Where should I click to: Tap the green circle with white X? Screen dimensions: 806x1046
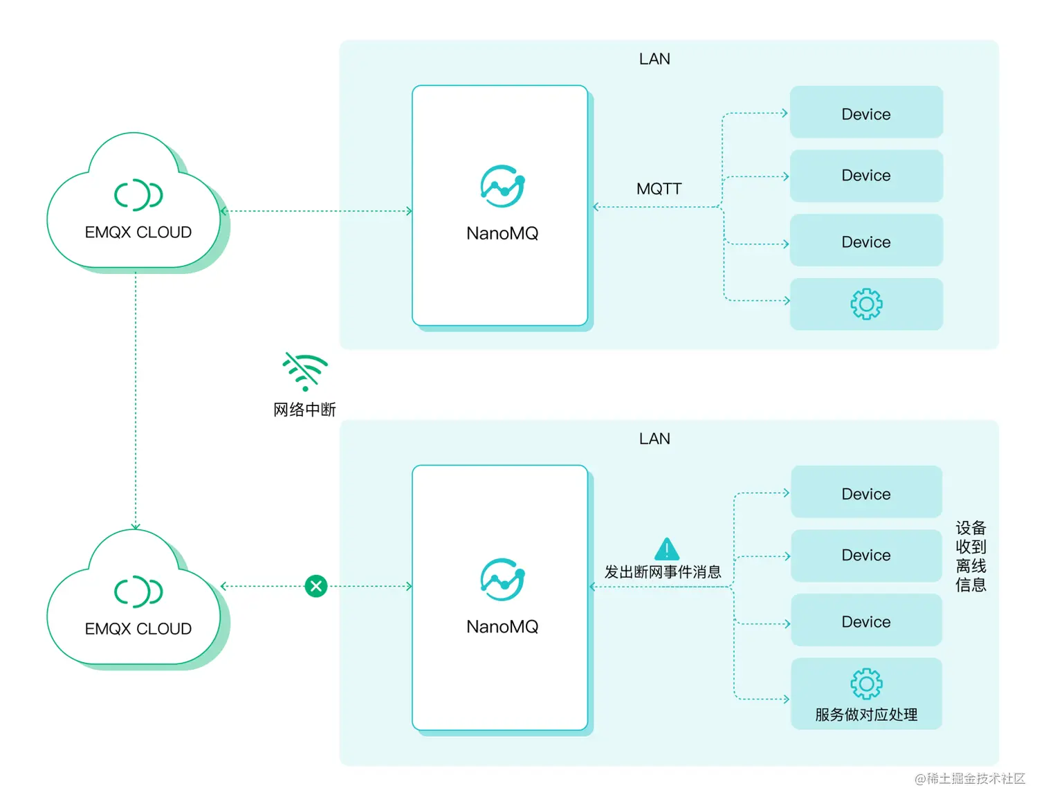click(316, 586)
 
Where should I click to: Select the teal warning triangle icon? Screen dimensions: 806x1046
click(666, 549)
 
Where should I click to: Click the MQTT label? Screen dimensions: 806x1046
click(659, 189)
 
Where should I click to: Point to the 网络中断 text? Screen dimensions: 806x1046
click(304, 410)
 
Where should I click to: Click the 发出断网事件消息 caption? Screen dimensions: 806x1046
click(662, 572)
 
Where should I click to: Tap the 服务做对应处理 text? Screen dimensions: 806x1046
click(866, 715)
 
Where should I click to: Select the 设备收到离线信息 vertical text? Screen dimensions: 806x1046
click(971, 556)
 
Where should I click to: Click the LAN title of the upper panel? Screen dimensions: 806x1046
click(654, 59)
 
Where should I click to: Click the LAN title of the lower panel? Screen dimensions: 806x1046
click(654, 439)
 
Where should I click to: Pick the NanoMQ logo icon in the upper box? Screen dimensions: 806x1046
click(502, 186)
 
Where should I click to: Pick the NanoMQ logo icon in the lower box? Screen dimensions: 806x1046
click(502, 579)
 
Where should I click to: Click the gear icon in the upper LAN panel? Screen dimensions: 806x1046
click(866, 304)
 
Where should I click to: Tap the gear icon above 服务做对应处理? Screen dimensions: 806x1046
click(866, 684)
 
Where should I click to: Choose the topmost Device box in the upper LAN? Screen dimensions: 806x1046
click(866, 112)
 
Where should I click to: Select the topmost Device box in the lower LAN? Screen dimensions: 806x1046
click(866, 492)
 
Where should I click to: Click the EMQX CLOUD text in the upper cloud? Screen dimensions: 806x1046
click(138, 232)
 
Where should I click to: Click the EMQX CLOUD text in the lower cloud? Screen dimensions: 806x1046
click(138, 629)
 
